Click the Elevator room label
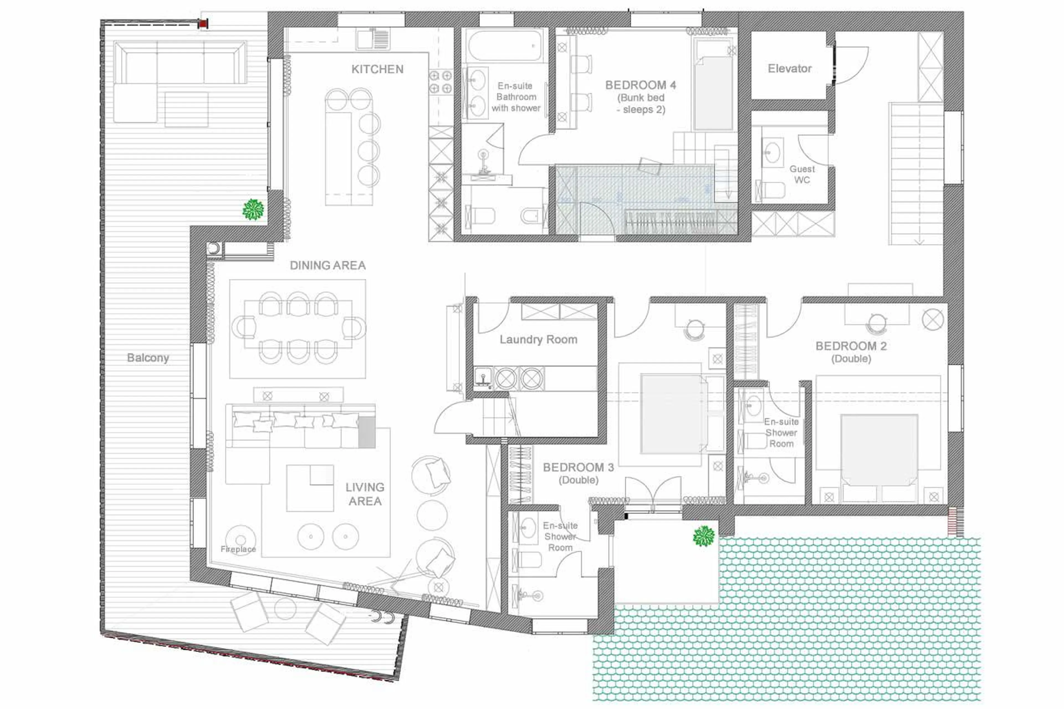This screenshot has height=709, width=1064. click(x=789, y=69)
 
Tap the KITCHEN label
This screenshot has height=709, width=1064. click(x=377, y=69)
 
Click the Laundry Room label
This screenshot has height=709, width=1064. click(x=538, y=340)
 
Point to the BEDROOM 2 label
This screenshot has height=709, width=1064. click(x=851, y=346)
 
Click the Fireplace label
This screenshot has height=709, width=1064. click(x=238, y=549)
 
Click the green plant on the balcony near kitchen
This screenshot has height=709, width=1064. click(x=253, y=210)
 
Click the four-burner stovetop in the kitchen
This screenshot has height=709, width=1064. click(x=440, y=82)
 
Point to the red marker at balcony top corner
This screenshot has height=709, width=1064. click(x=203, y=23)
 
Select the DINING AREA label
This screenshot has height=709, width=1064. click(x=328, y=265)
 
